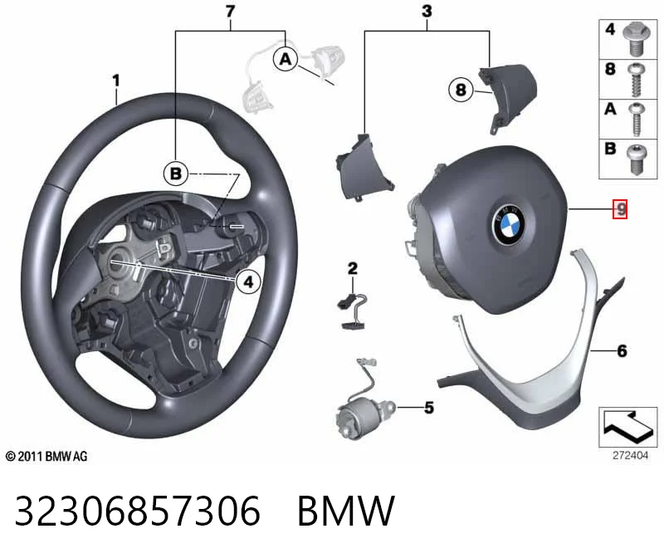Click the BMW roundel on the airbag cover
point(508,224)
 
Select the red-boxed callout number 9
point(620,209)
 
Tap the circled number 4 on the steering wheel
point(248,281)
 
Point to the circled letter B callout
point(176,174)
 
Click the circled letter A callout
point(286,59)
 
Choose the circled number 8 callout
point(461,90)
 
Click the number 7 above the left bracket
point(231,12)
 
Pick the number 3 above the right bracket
point(427,12)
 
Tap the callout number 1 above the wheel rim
point(116,81)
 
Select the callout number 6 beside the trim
point(622,350)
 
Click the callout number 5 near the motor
point(429,408)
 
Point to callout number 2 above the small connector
point(352,268)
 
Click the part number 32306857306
point(138,511)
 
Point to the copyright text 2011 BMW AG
point(46,457)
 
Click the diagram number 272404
point(630,456)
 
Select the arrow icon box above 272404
point(628,427)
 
